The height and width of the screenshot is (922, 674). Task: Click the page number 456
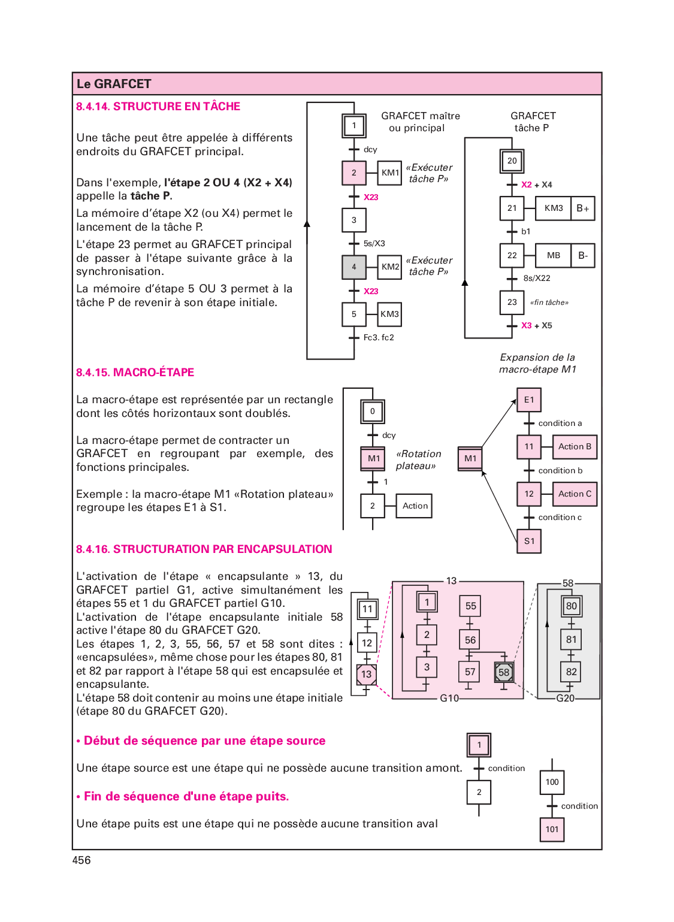[81, 860]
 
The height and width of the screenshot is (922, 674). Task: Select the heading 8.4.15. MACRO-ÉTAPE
[135, 372]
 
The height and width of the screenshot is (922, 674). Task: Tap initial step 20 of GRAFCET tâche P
[512, 161]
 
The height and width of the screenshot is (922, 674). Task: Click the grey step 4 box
[354, 267]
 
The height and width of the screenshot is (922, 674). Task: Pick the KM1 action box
[390, 173]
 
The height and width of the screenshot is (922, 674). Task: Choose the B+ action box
[583, 208]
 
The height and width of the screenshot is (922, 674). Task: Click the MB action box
[553, 255]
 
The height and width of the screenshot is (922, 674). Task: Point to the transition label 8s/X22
[537, 278]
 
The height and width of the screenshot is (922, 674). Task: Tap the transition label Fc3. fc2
[379, 337]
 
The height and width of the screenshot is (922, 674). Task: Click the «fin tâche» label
[549, 303]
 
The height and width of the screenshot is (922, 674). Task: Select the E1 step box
[529, 400]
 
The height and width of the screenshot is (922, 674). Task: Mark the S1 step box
[529, 541]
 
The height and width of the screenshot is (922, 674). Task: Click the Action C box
[575, 494]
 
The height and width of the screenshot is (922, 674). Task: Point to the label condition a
[560, 423]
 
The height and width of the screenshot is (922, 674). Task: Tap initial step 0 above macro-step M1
[373, 412]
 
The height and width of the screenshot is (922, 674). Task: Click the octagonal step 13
[366, 675]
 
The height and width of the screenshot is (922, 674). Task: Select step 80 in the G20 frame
[572, 606]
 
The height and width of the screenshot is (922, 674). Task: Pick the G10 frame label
[449, 698]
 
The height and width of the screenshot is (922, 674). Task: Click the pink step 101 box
[552, 829]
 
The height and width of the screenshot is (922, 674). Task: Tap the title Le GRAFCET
[114, 84]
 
